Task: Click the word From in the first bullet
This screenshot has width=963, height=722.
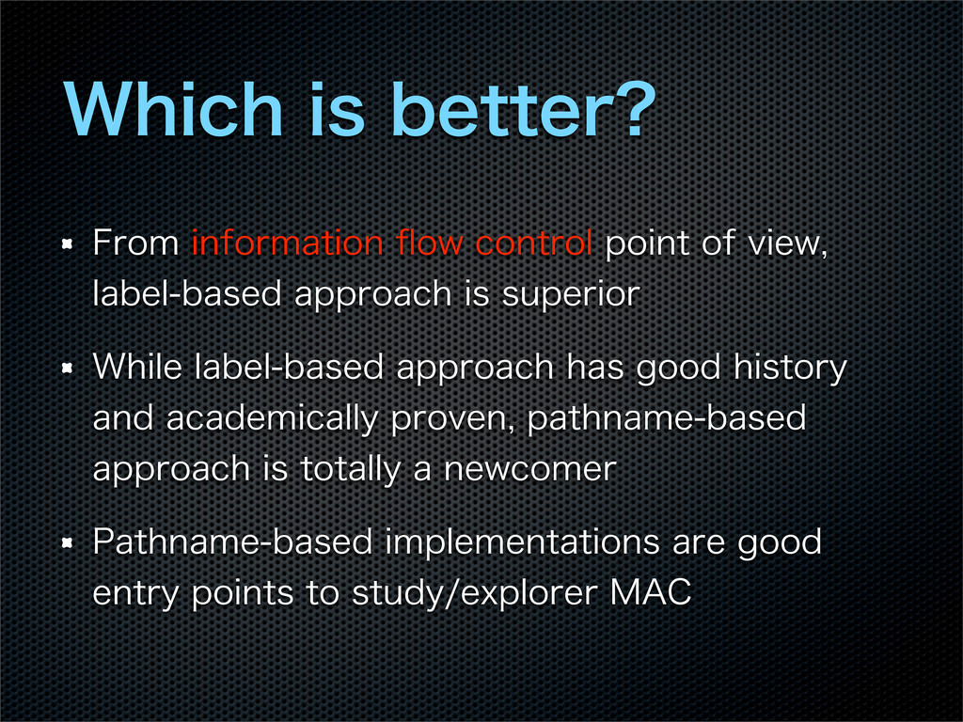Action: [x=135, y=243]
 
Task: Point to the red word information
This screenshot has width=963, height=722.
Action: [x=288, y=243]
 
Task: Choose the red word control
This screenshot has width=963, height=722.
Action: [x=534, y=243]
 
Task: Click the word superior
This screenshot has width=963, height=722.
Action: [x=571, y=294]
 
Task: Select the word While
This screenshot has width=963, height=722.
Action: [x=137, y=367]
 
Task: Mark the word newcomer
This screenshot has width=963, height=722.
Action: [x=529, y=469]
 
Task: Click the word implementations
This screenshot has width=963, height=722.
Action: [x=523, y=542]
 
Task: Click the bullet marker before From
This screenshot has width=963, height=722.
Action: [x=68, y=244]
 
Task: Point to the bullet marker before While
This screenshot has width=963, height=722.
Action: [x=68, y=369]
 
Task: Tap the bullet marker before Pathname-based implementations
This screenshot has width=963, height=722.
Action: [x=68, y=543]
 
